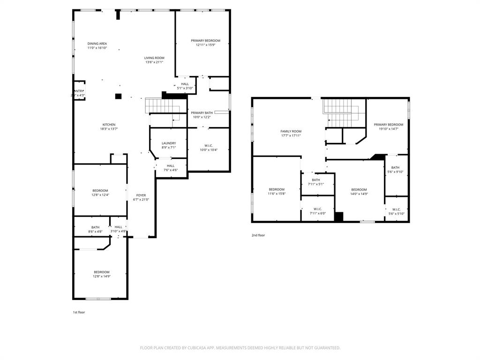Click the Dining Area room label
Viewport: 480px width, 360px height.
[x=97, y=44]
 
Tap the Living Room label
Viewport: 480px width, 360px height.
[x=154, y=58]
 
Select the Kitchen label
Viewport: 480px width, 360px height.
[x=109, y=125]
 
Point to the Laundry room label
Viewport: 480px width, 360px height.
[x=169, y=143]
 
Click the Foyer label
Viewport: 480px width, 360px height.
[x=141, y=195]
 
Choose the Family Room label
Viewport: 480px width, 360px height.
[x=291, y=131]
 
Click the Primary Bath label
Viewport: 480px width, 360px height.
[x=202, y=112]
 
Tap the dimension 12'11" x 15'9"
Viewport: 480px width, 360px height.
[x=205, y=45]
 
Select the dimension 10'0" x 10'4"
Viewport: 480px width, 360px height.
[x=209, y=150]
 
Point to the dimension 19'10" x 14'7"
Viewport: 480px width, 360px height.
[x=388, y=129]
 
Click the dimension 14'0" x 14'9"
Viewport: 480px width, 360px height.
[x=359, y=194]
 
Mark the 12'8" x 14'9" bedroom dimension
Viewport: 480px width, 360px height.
[x=101, y=277]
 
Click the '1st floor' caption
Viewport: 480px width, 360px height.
[x=79, y=312]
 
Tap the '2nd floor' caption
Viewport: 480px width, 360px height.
[x=258, y=235]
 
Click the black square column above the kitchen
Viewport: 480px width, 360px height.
[x=119, y=96]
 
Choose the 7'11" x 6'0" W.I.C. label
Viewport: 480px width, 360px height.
[x=317, y=213]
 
